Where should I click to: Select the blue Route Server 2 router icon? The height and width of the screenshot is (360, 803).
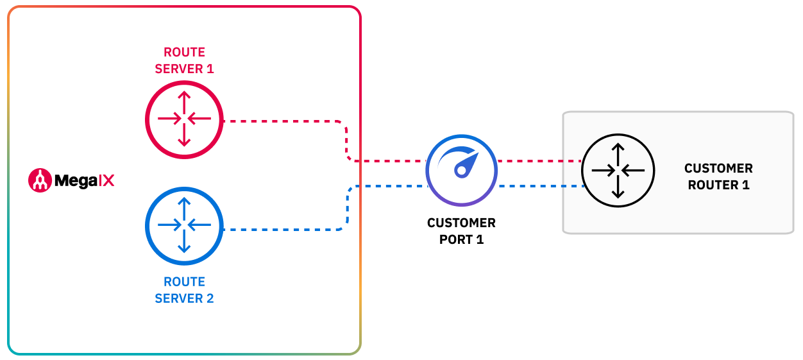click(184, 225)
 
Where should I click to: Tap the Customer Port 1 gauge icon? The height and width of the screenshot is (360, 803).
click(461, 170)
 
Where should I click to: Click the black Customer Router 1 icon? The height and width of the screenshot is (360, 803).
click(618, 171)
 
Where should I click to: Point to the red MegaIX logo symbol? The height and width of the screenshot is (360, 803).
click(40, 180)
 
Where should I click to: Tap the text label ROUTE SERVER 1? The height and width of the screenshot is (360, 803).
click(184, 60)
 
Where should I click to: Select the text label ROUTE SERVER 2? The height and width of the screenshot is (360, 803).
click(184, 290)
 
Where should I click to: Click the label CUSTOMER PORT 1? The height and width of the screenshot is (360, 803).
click(461, 231)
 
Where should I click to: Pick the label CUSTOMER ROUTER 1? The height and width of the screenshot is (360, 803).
click(718, 176)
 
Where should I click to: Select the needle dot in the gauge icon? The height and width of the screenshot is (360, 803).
click(460, 171)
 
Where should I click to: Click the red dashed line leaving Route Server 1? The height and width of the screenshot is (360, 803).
click(282, 120)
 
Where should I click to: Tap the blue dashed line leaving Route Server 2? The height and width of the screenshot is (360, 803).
click(282, 229)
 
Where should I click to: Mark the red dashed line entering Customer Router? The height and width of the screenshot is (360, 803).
click(539, 160)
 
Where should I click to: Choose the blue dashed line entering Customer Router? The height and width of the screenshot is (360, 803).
click(539, 186)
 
